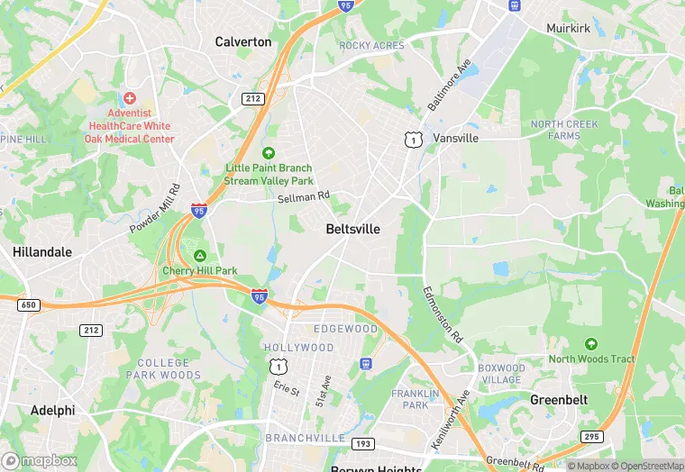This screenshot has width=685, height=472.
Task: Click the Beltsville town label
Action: coord(352,230)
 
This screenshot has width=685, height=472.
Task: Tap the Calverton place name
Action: coord(243,41)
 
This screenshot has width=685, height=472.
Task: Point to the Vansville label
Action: coord(455,139)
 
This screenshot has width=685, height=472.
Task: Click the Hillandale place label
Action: coord(42,252)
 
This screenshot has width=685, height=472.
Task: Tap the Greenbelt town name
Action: coord(560,399)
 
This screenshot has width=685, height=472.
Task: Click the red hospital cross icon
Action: coord(130,97)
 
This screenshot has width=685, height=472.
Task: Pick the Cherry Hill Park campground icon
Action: coord(200,256)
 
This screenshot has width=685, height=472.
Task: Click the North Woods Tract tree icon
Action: coord(591,344)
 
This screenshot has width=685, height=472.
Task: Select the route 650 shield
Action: coord(29,305)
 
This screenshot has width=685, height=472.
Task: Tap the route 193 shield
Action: coord(363,443)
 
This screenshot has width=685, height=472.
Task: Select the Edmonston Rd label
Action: coord(443,314)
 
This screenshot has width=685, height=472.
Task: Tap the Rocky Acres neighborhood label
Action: coord(370,45)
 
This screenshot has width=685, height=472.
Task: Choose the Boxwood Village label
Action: coord(502,374)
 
